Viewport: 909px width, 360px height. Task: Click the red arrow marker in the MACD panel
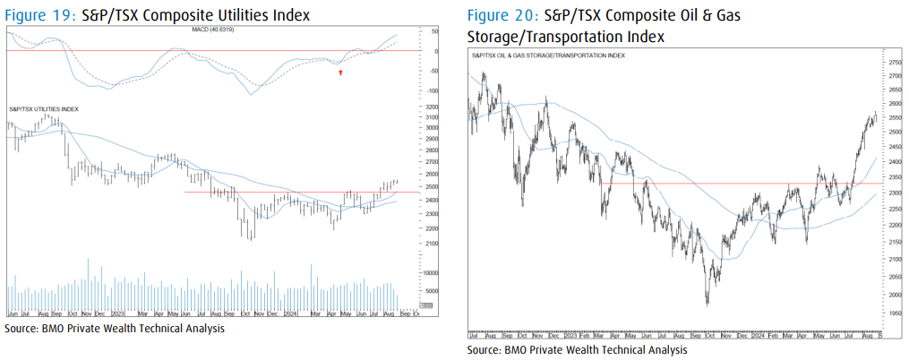coord(340,71)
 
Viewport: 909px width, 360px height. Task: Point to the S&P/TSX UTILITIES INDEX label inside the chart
coord(44,108)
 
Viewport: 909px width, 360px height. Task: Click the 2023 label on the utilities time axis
coord(117,314)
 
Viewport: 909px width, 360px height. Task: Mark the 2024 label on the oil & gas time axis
coord(757,333)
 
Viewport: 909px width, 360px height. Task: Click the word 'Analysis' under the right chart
coord(664,349)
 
